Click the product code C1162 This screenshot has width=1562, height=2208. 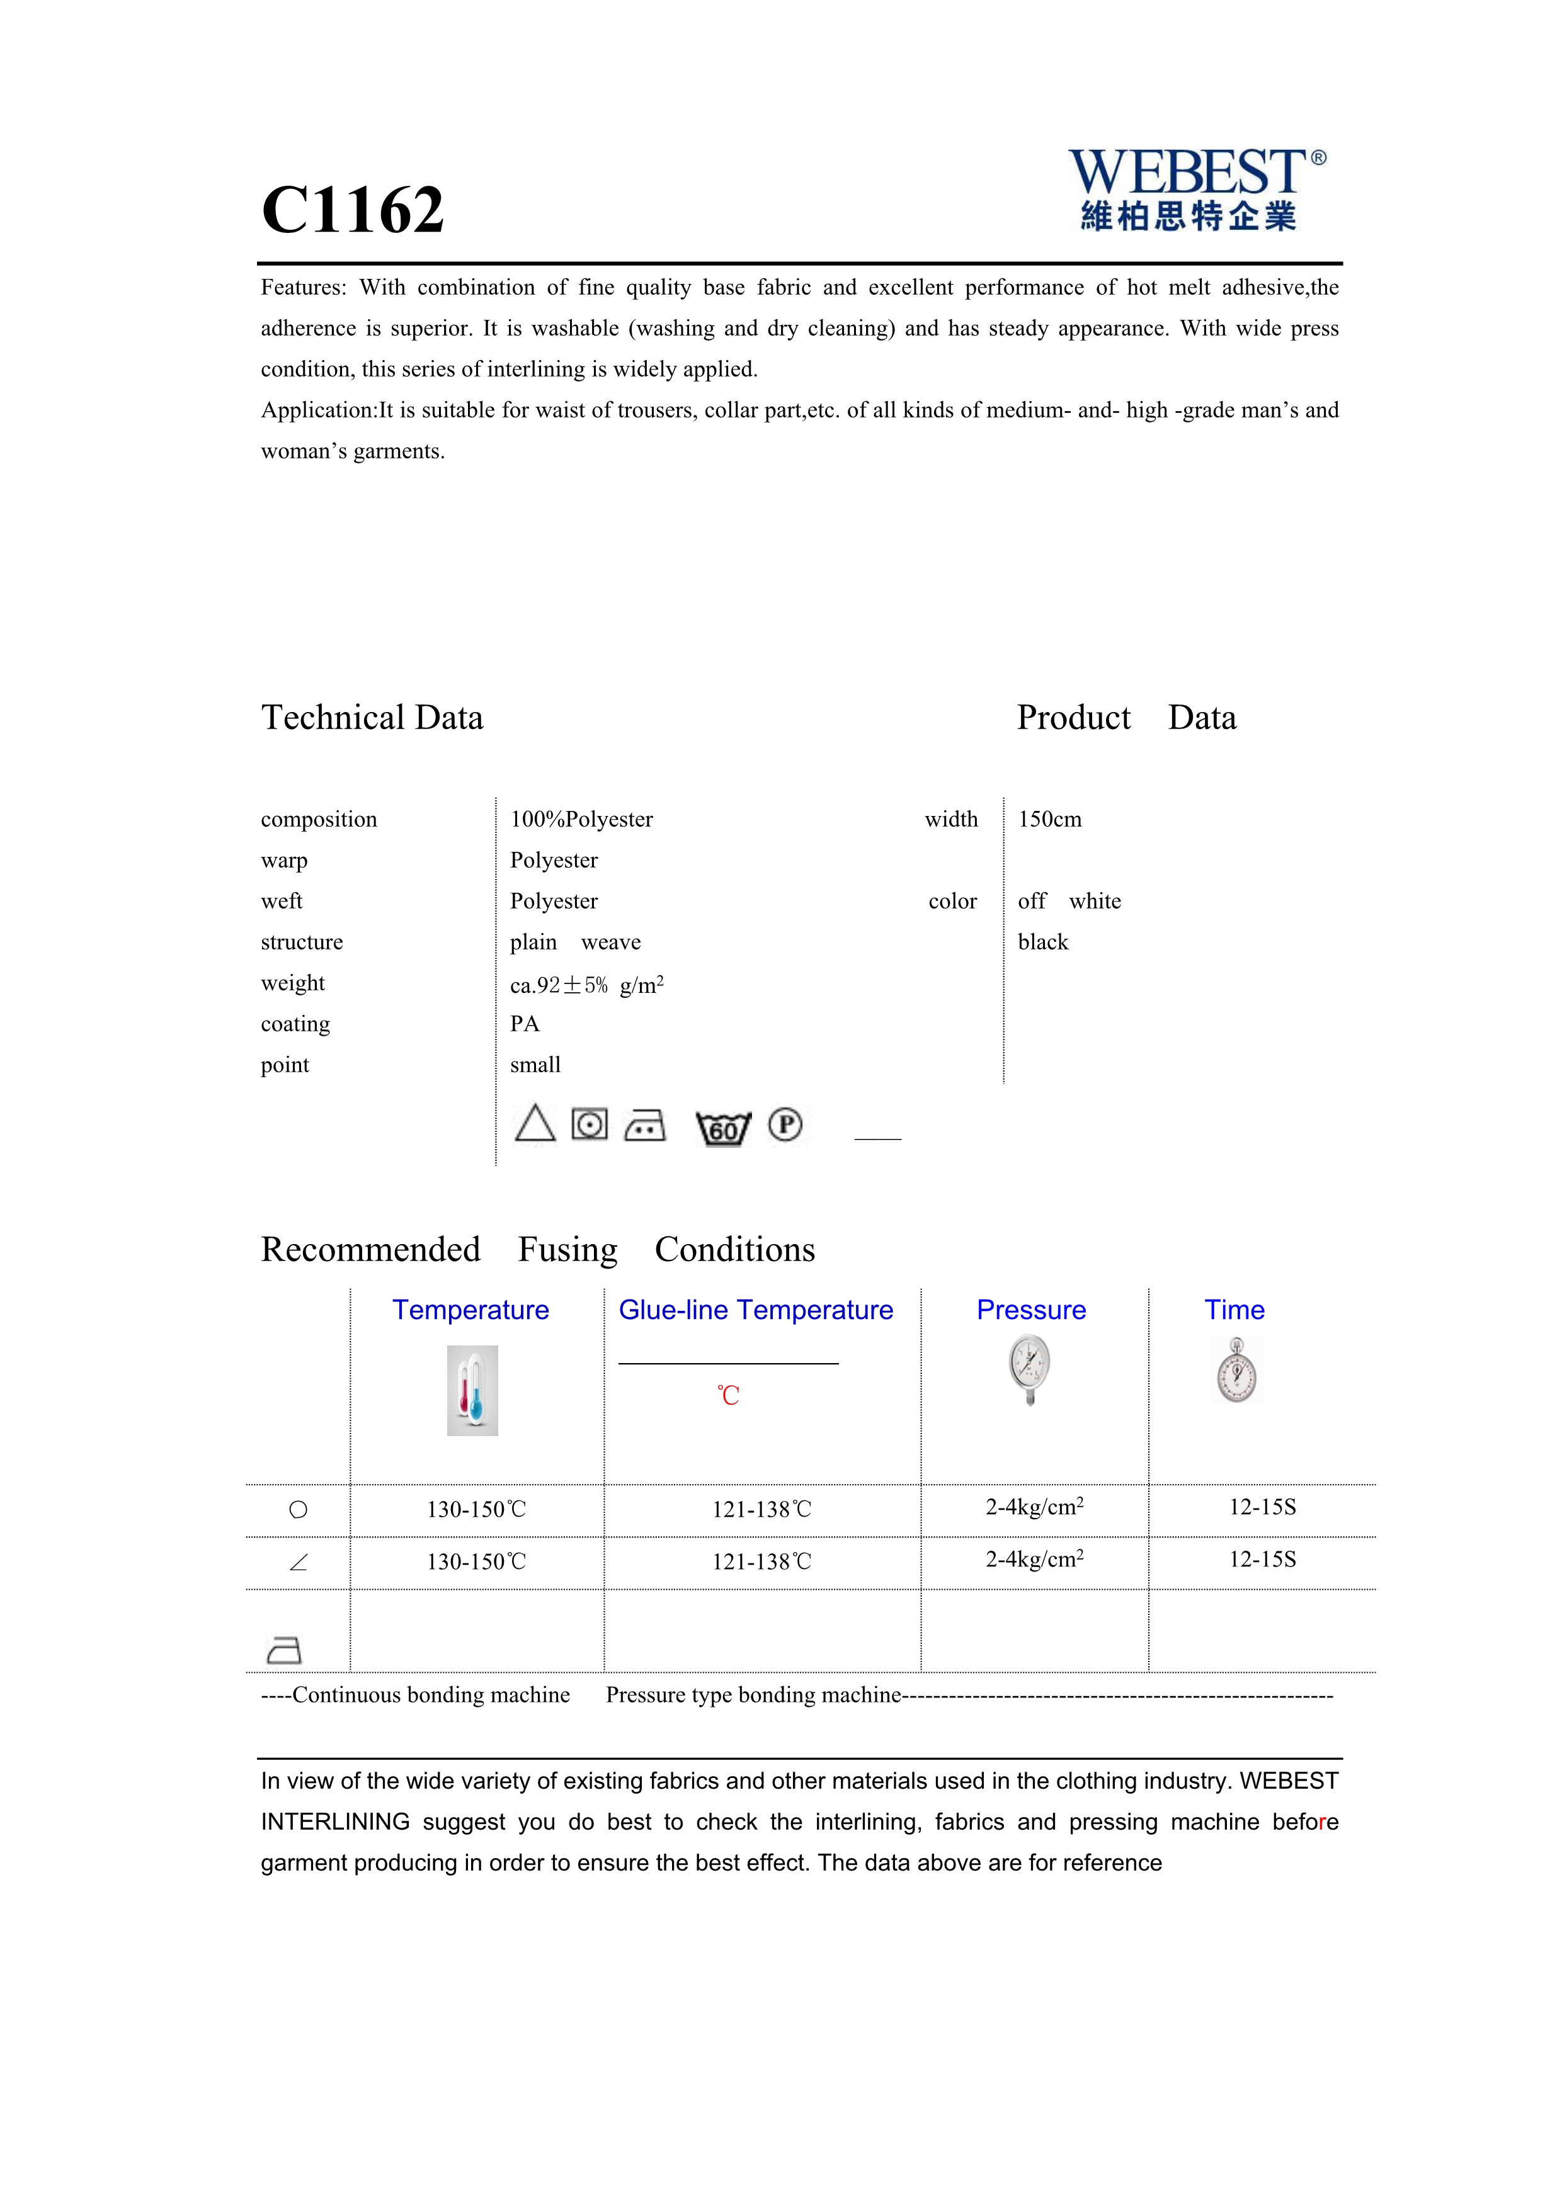(353, 210)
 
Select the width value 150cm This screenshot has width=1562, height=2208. (1049, 819)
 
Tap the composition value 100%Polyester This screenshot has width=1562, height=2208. (581, 819)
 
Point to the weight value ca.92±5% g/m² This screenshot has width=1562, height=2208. (587, 985)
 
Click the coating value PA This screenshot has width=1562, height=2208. (524, 1024)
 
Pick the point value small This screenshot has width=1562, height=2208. (535, 1065)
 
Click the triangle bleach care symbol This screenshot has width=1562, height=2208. (535, 1123)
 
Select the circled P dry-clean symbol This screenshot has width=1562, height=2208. (785, 1124)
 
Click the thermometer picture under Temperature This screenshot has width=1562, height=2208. (472, 1391)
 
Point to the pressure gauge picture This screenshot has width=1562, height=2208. (1030, 1371)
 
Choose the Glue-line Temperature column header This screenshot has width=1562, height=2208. (756, 1310)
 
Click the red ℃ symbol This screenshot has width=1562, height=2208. (728, 1395)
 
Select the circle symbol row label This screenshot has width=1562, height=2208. (298, 1510)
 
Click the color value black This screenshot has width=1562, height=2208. (1042, 943)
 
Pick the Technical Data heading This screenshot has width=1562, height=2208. (372, 717)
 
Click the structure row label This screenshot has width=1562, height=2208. (302, 943)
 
